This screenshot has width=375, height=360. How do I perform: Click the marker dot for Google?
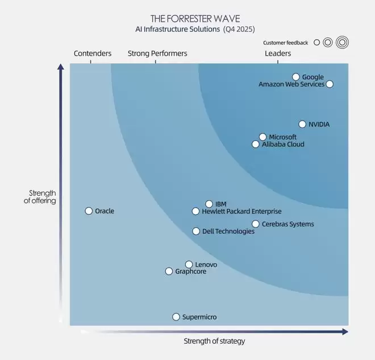(x=296, y=77)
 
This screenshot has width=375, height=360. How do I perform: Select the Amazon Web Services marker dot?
(x=330, y=84)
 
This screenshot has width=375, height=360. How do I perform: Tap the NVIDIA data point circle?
(x=302, y=124)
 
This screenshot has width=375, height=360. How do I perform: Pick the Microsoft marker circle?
(x=262, y=137)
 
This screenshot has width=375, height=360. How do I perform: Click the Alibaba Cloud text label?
(x=283, y=144)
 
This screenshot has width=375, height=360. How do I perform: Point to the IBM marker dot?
(x=209, y=204)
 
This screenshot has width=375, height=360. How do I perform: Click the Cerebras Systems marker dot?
(x=256, y=224)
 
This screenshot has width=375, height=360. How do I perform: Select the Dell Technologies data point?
(x=196, y=231)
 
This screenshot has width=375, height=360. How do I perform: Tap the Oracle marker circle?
(x=89, y=211)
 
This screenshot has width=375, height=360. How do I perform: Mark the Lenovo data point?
(x=189, y=264)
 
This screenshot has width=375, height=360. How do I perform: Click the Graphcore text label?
(x=190, y=272)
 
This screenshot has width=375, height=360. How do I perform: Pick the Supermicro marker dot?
(x=176, y=317)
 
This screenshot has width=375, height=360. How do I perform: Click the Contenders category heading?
(x=93, y=53)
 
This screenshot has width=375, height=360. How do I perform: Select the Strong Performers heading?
(x=157, y=53)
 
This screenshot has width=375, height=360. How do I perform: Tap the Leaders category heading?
(x=278, y=53)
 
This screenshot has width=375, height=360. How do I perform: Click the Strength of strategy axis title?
(x=214, y=341)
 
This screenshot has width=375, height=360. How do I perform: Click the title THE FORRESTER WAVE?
(x=195, y=19)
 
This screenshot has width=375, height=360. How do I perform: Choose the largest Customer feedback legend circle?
(x=342, y=42)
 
